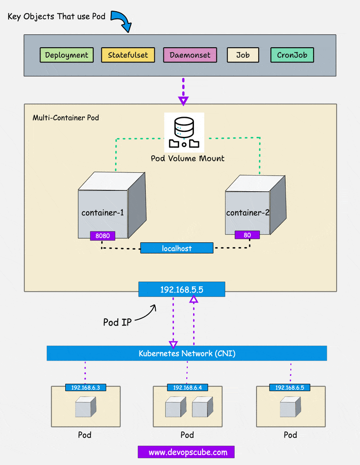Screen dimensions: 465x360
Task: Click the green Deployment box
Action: point(67,55)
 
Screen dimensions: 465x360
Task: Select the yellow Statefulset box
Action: point(128,55)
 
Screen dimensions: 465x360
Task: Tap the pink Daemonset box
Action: point(190,55)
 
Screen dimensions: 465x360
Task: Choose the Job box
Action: point(243,55)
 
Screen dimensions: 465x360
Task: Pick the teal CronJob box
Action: point(292,55)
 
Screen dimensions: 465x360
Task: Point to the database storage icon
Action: point(184,132)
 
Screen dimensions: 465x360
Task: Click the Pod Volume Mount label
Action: point(188,158)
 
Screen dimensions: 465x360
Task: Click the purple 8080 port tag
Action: point(103,235)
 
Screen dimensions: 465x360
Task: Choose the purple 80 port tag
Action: point(247,235)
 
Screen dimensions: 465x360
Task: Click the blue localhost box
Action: point(176,248)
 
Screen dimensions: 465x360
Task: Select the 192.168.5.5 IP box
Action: point(182,289)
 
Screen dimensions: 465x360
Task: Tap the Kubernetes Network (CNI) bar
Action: point(187,353)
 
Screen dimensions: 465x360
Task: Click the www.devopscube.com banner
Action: point(186,452)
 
